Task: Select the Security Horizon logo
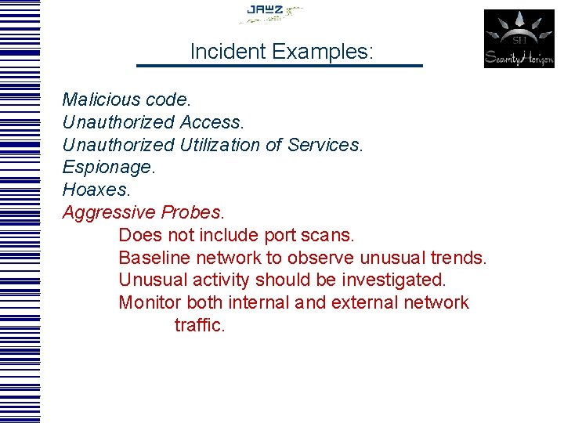(519, 38)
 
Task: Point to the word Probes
(192, 212)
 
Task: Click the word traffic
(200, 325)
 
